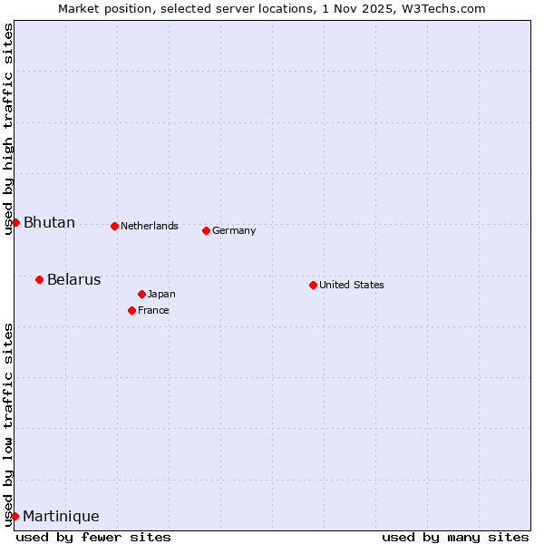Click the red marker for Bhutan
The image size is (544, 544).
[x=15, y=222]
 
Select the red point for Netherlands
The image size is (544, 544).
[x=114, y=226]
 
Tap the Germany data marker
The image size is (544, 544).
[x=206, y=230]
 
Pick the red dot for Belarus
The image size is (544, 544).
[x=39, y=279]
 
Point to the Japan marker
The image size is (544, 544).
[x=141, y=294]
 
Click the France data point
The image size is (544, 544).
[x=131, y=310]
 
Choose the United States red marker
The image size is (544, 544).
[x=313, y=285]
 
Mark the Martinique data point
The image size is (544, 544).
[x=15, y=516]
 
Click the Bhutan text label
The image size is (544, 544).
[x=49, y=223]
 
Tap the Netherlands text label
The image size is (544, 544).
[x=149, y=226]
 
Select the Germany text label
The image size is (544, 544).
[x=234, y=230]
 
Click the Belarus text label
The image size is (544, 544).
[x=73, y=279]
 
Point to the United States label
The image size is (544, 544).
[x=351, y=285]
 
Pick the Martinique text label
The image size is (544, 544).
[x=61, y=517]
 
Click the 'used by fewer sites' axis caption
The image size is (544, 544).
[x=93, y=537]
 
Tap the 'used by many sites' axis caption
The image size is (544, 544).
[x=455, y=537]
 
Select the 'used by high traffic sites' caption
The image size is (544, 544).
[x=8, y=129]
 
